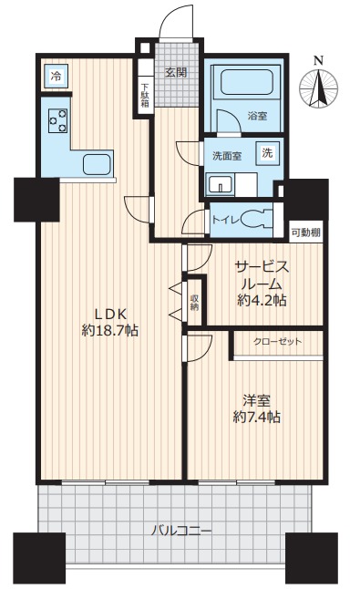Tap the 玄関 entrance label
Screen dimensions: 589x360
pyautogui.click(x=176, y=72)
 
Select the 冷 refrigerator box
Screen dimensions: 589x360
pyautogui.click(x=56, y=77)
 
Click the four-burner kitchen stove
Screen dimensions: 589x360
pyautogui.click(x=57, y=119)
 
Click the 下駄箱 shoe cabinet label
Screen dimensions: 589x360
pyautogui.click(x=144, y=95)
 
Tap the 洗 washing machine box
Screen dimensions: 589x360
pyautogui.click(x=267, y=152)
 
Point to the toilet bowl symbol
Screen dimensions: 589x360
pyautogui.click(x=262, y=219)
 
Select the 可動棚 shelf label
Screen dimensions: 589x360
pyautogui.click(x=304, y=232)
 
